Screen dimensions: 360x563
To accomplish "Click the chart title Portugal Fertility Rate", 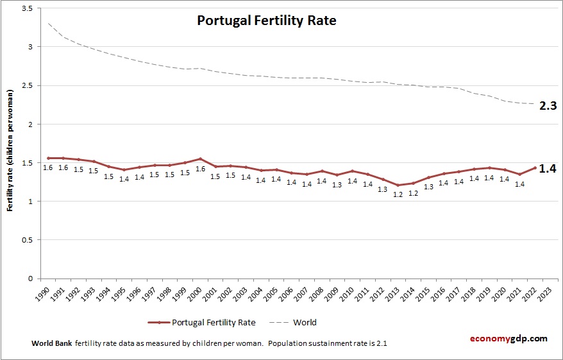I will pos(266,21).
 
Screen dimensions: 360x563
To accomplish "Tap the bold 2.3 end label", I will pos(547,106).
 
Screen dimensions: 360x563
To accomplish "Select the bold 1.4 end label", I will pos(547,169).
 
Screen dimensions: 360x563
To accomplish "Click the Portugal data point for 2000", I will pos(200,159).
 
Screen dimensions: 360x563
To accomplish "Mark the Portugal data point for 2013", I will pos(398,185).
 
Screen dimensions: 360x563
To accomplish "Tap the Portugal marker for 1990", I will pos(47,158).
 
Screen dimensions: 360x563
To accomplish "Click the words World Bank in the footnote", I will pos(52,343).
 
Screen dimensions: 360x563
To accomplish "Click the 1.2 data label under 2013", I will pos(398,194).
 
